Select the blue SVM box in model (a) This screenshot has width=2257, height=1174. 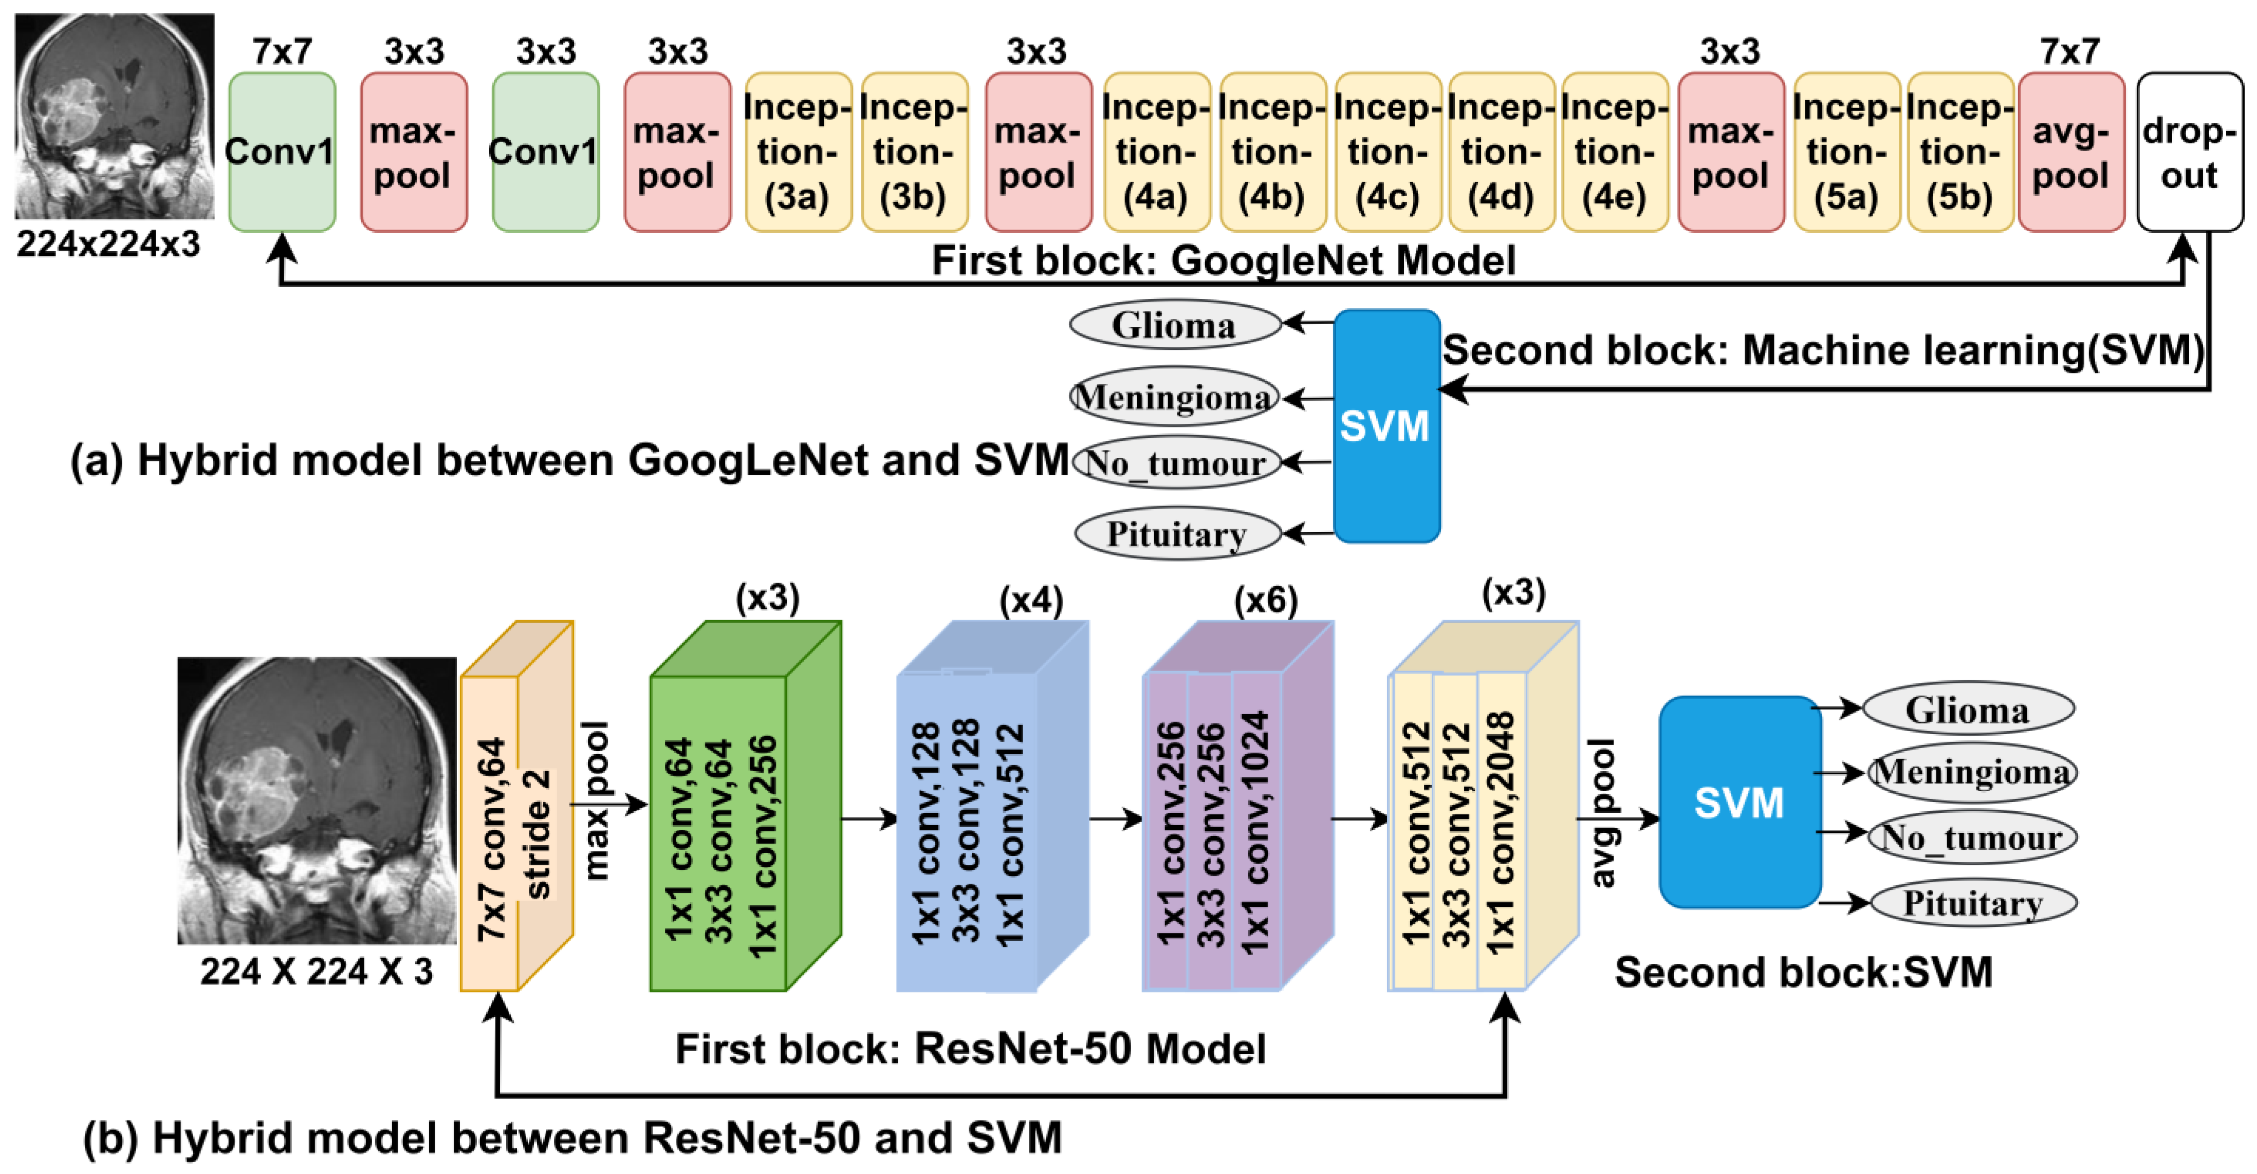coord(1386,426)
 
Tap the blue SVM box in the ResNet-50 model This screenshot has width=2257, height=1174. coord(1739,802)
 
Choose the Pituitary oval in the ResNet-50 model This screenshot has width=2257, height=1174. coord(1973,902)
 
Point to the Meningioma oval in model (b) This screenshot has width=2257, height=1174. coord(1971,772)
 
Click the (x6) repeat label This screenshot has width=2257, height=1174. coord(1265,600)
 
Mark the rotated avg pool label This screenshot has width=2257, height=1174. coord(1602,813)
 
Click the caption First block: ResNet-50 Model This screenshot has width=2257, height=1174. coord(970,1049)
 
